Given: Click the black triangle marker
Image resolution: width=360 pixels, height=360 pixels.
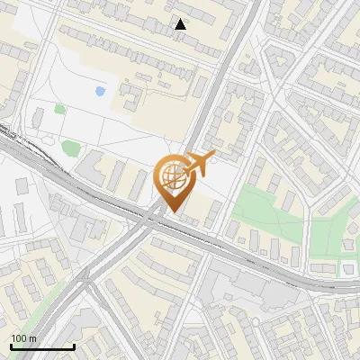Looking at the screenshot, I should [x=181, y=24].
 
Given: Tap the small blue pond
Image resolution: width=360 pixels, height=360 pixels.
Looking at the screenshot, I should [x=99, y=91].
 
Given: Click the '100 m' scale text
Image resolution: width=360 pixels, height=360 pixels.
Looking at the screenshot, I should [x=24, y=338].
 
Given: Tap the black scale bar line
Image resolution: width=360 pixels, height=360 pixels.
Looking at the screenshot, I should [x=42, y=346].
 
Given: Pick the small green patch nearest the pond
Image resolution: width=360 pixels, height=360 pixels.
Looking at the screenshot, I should [x=60, y=109].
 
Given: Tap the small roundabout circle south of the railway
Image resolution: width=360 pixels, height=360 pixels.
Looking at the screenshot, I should [x=88, y=285].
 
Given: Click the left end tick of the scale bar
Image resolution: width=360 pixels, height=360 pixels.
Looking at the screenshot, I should [x=11, y=346].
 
